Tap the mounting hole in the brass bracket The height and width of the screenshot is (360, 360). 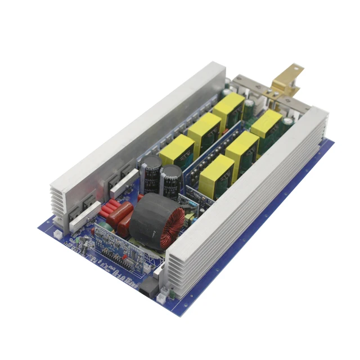pyautogui.click(x=289, y=71)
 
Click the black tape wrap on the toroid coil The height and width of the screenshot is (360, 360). pyautogui.click(x=149, y=217)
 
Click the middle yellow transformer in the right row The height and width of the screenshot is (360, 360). pyautogui.click(x=242, y=149)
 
